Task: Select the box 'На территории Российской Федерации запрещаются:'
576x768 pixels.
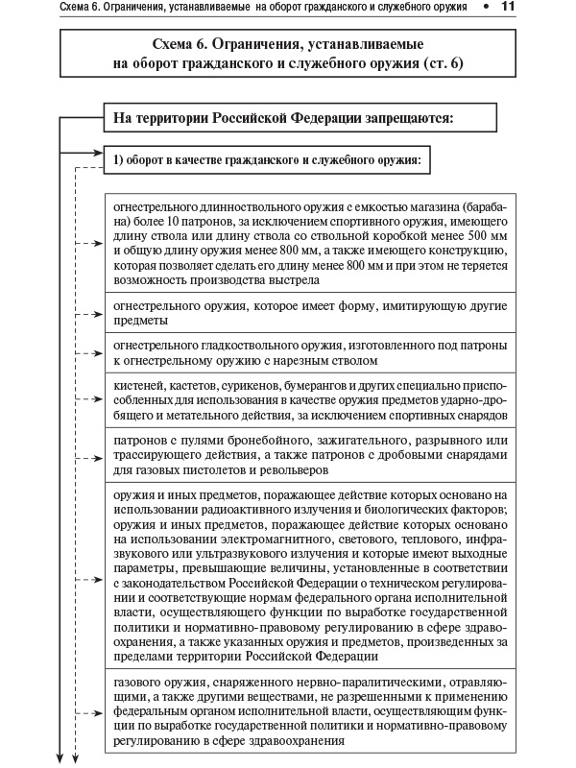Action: [305, 118]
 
